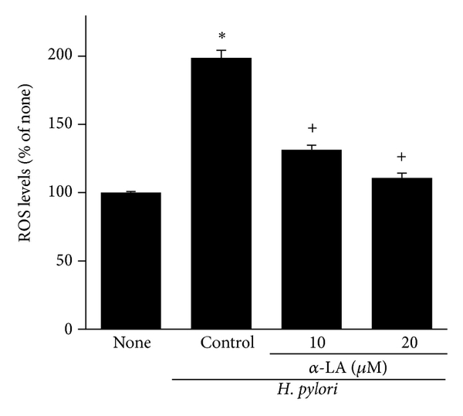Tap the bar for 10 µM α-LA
[311, 239]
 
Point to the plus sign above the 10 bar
[312, 128]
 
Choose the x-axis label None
[130, 343]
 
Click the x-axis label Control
[221, 343]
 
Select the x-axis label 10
[311, 343]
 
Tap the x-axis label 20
[401, 343]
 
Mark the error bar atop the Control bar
[221, 53]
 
